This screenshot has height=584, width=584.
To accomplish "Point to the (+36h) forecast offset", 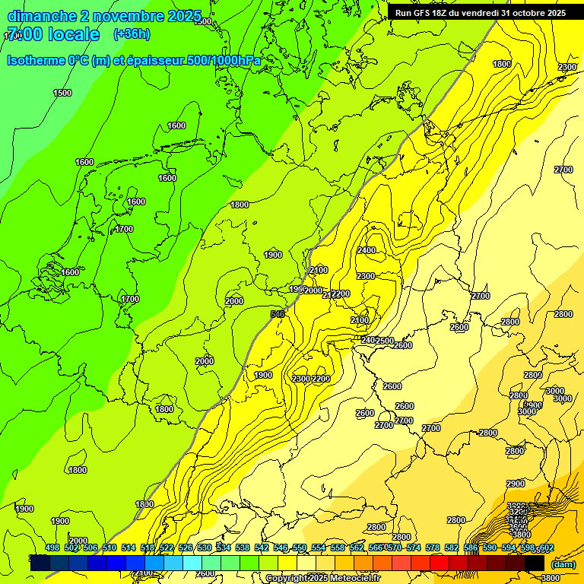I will pos(132,34).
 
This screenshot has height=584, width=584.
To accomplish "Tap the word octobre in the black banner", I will pos(526,13).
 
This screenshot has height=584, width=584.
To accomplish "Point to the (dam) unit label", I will pos(563,564).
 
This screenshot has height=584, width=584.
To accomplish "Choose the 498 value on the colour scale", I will pos(52,548).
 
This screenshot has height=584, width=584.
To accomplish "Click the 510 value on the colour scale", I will pos(109,548).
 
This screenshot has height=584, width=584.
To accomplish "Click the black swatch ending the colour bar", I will pos(535,563).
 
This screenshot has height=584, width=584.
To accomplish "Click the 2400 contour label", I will pos(367,250).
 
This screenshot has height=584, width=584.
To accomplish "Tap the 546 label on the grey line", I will pos(278,313).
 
